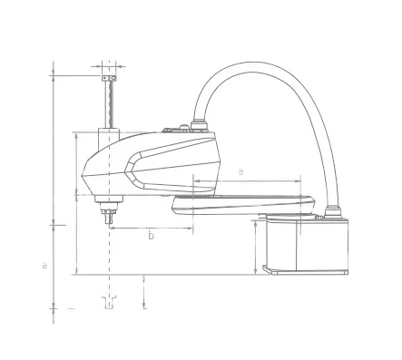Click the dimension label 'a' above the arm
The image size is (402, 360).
[x=240, y=170]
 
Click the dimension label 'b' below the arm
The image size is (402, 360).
[x=151, y=236]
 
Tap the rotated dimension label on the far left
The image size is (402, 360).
[x=45, y=265]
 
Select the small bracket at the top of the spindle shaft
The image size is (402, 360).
[x=109, y=79]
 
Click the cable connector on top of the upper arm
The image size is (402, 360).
[x=198, y=125]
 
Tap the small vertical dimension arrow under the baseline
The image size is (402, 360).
[x=144, y=292]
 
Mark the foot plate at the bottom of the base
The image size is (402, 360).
[x=305, y=268]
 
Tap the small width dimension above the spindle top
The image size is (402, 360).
[x=109, y=64]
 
